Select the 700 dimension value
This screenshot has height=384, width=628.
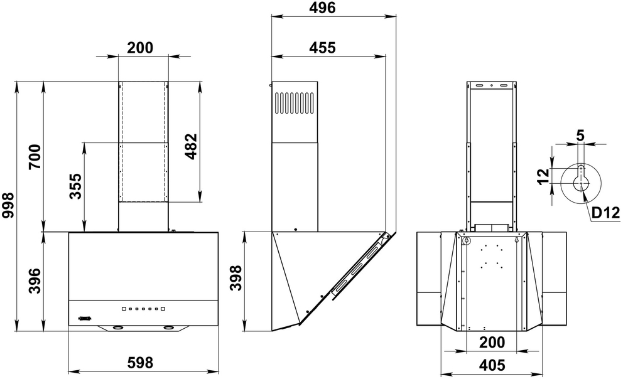click(35, 157)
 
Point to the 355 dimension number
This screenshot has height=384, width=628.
click(75, 186)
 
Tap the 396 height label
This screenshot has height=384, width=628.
click(35, 281)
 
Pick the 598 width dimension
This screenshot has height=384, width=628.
click(140, 363)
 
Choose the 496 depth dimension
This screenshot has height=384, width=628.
click(323, 8)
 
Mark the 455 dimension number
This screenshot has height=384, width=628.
click(323, 47)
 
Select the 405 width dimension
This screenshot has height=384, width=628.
click(493, 365)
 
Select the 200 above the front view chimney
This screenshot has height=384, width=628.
click(140, 47)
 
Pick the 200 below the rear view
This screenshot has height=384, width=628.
click(492, 343)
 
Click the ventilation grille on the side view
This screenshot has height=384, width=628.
click(294, 104)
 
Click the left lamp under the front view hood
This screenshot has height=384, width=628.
click(116, 328)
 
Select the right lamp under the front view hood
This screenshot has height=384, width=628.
click(168, 328)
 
